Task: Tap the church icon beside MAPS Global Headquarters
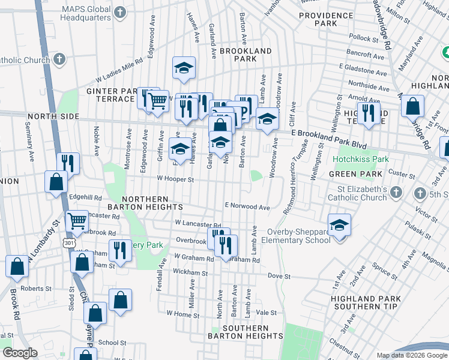coord(120,12)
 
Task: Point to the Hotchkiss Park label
coord(361,160)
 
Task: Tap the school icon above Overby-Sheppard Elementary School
coord(339,226)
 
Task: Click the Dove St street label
coord(279,277)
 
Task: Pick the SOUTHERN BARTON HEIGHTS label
coord(245,332)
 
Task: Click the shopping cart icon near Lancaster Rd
coord(77,222)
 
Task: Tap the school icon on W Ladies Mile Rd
coord(184,68)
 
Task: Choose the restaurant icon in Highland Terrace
coord(368,113)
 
